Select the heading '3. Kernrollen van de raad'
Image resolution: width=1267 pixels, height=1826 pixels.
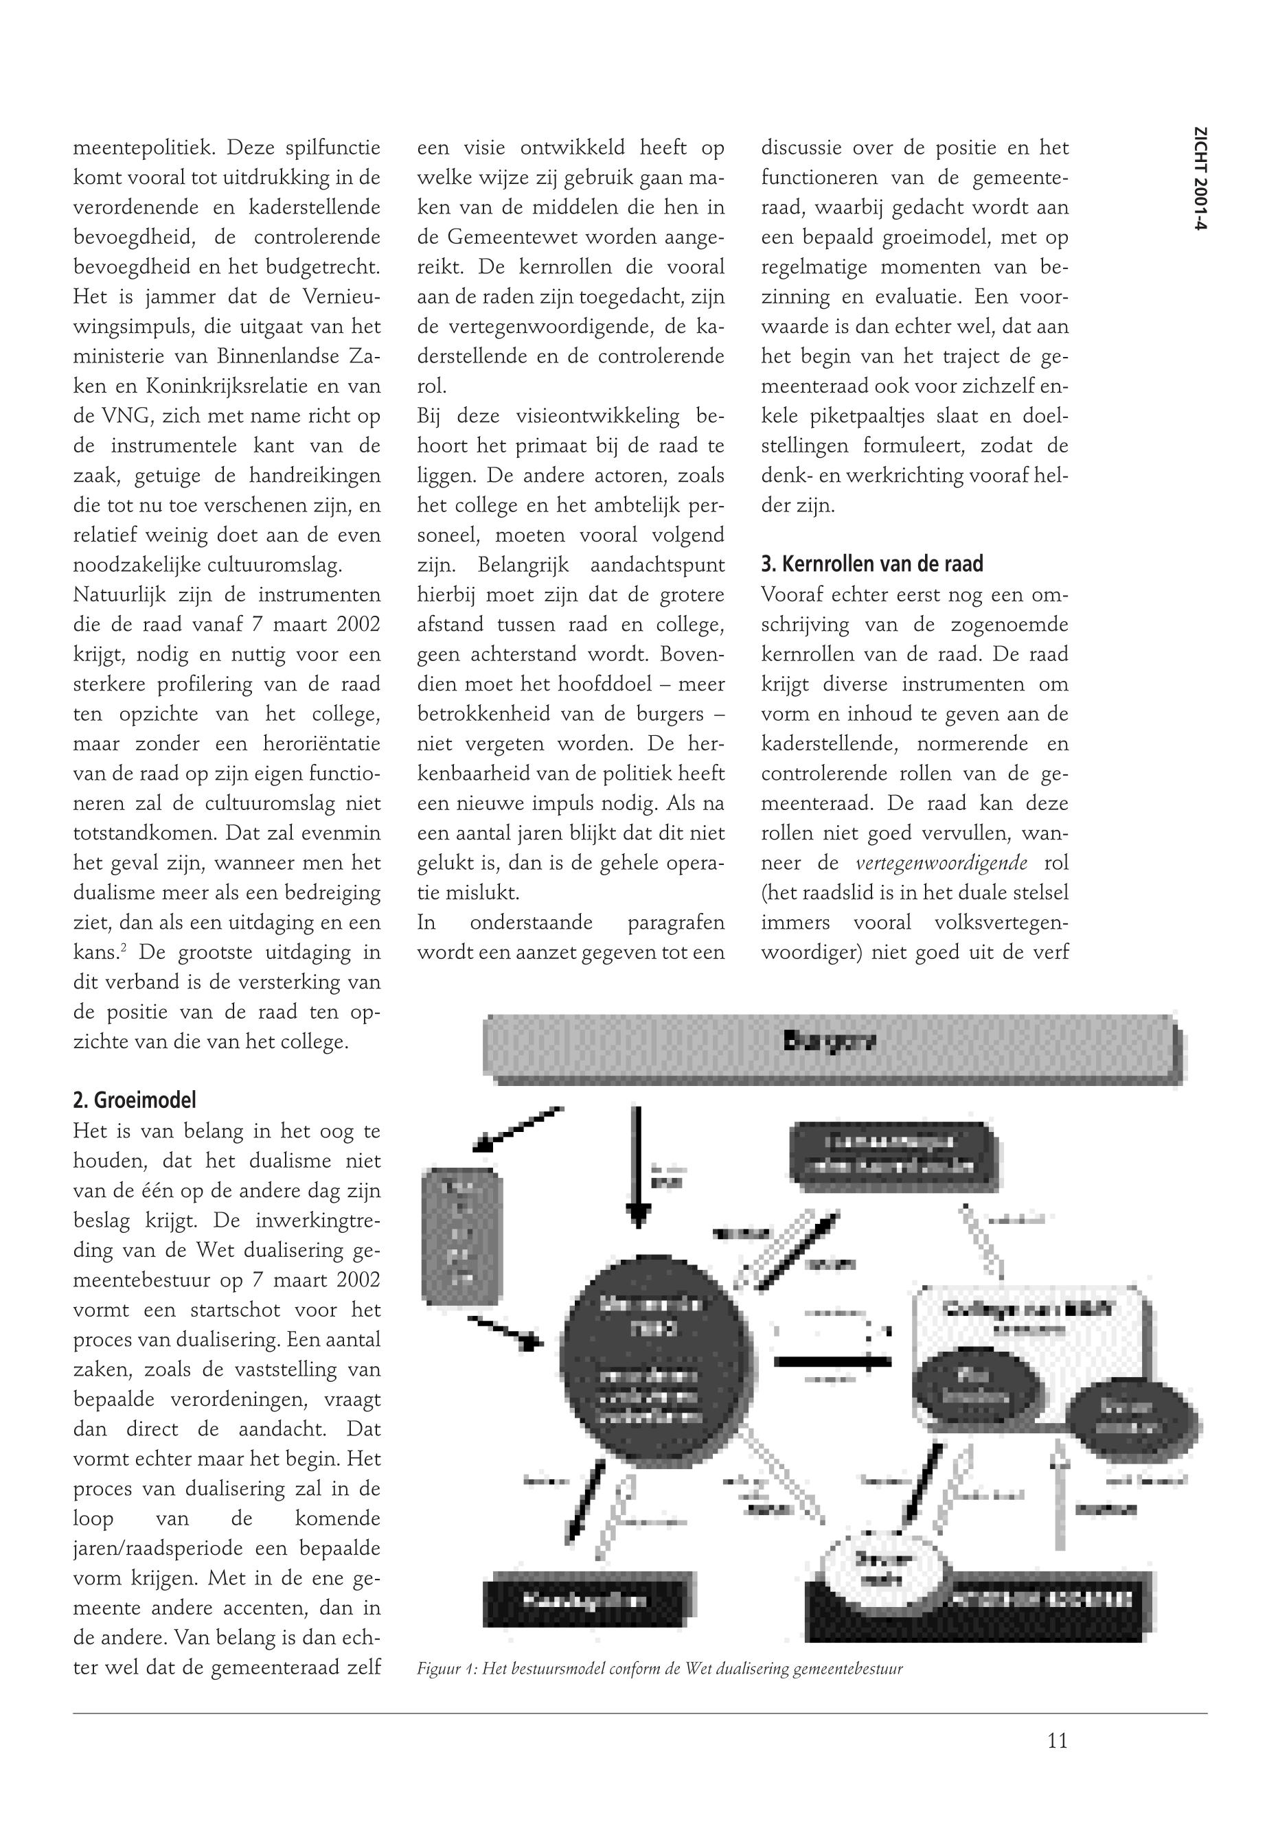(871, 564)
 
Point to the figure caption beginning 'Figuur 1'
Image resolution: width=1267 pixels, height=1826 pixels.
(660, 1669)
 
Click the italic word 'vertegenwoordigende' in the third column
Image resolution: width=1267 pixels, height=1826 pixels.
(941, 864)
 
